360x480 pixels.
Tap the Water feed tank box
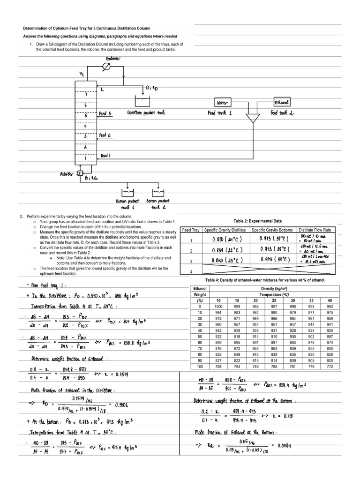coord(221,102)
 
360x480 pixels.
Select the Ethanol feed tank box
coord(282,102)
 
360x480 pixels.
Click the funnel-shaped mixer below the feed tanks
coord(253,118)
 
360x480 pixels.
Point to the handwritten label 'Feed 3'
coord(105,113)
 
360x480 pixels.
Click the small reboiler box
coord(79,174)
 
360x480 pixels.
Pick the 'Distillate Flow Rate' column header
coord(315,230)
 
